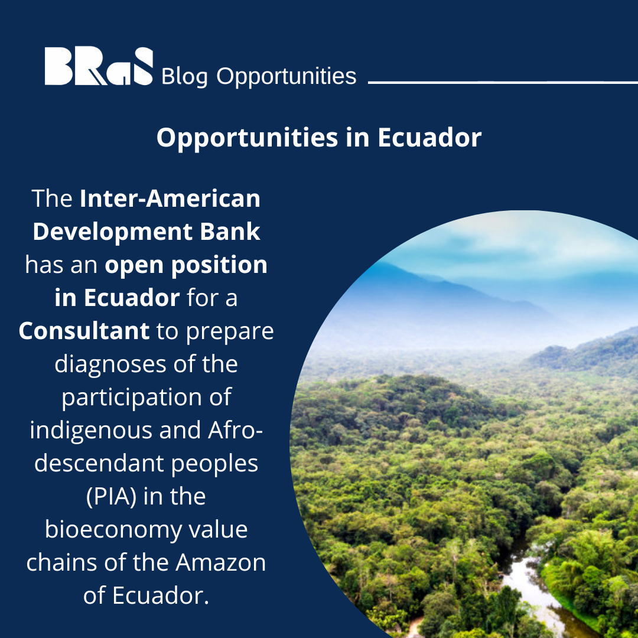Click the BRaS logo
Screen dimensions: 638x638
pyautogui.click(x=99, y=66)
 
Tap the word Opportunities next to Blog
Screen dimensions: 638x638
pyautogui.click(x=287, y=77)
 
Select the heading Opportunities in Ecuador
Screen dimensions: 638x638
pyautogui.click(x=318, y=138)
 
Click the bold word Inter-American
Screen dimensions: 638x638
pyautogui.click(x=170, y=198)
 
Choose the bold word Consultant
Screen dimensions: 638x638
pyautogui.click(x=84, y=331)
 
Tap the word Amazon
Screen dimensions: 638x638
pyautogui.click(x=229, y=562)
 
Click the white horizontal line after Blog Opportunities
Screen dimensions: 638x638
pyautogui.click(x=502, y=82)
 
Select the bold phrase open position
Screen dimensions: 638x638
pyautogui.click(x=186, y=265)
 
